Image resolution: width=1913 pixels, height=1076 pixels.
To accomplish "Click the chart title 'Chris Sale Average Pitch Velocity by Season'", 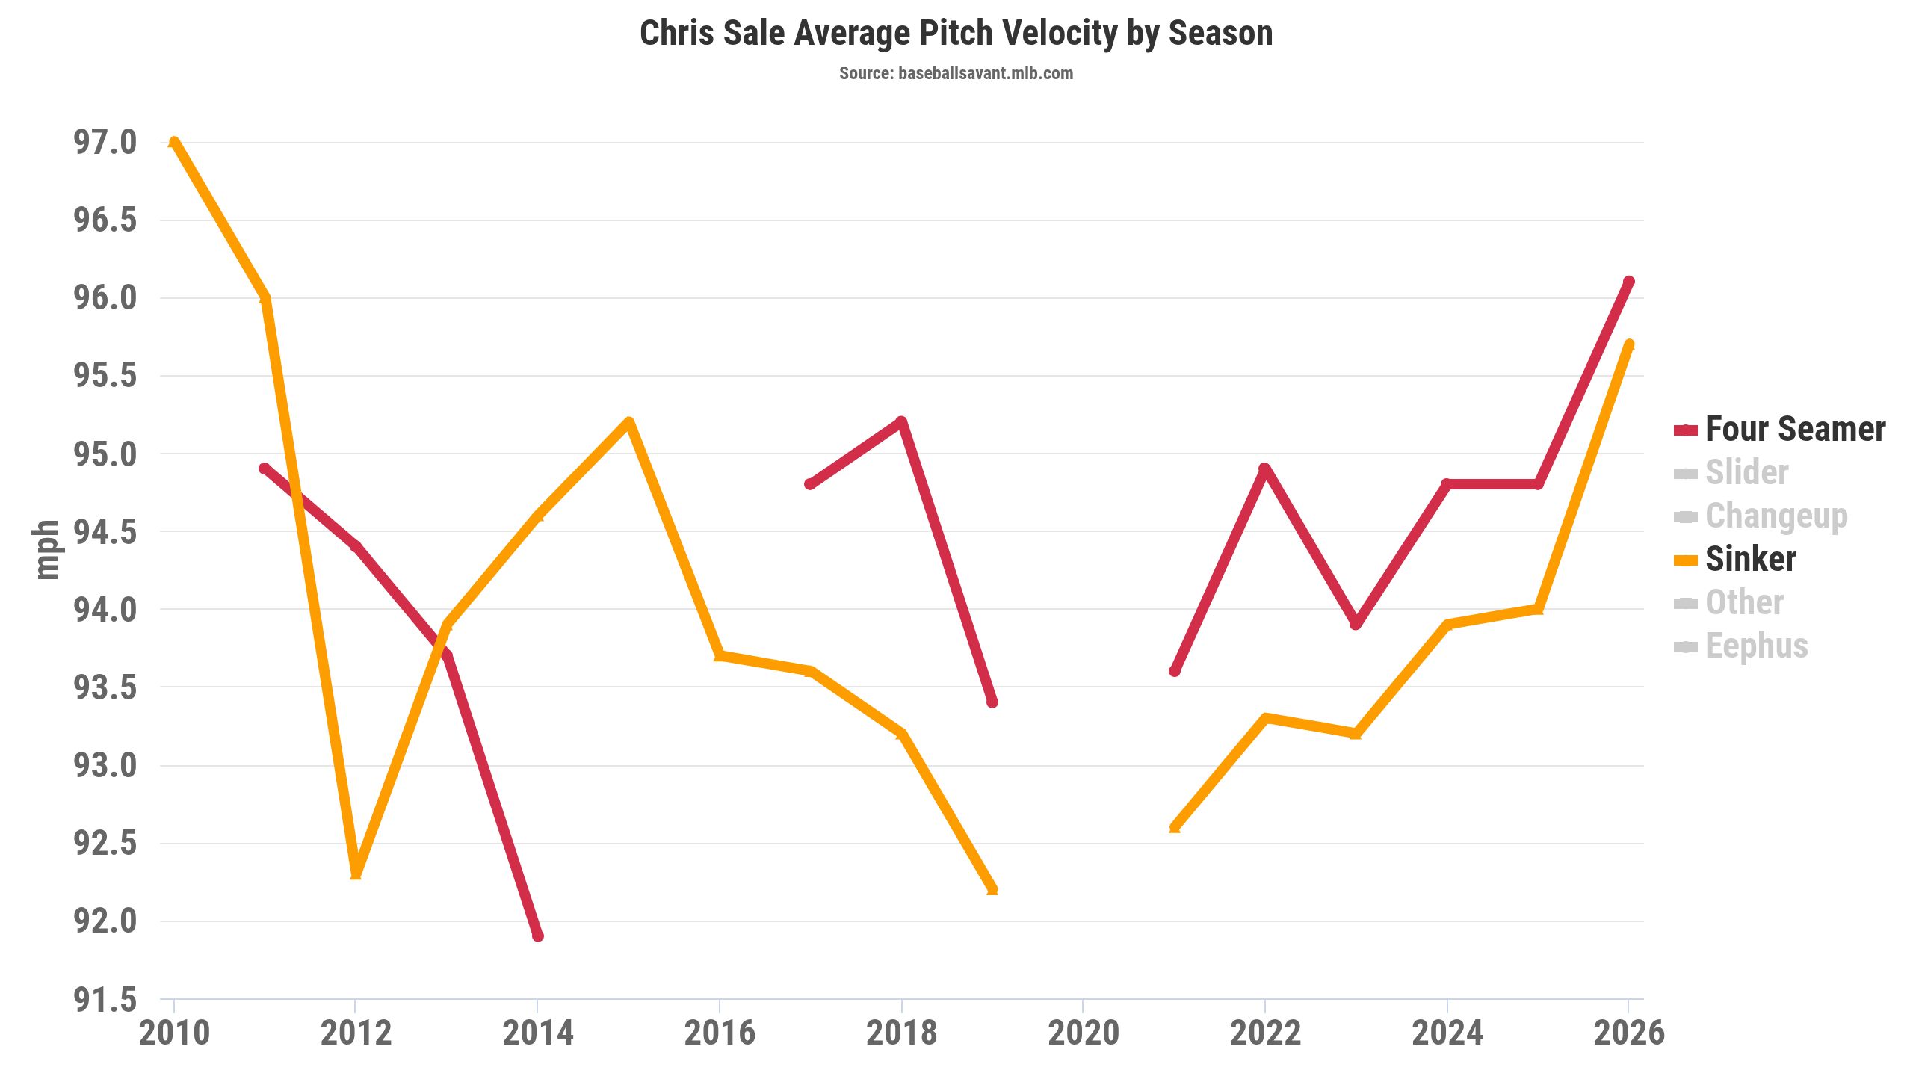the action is pyautogui.click(x=956, y=34).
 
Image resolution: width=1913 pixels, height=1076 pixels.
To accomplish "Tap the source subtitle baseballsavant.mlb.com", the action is pyautogui.click(x=956, y=73).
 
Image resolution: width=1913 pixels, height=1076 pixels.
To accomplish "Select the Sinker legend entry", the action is pyautogui.click(x=1735, y=559).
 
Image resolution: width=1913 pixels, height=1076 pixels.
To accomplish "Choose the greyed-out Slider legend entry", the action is pyautogui.click(x=1731, y=472).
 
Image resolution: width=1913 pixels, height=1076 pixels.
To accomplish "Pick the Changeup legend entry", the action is pyautogui.click(x=1761, y=516).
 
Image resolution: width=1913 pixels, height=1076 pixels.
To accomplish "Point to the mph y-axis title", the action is pyautogui.click(x=46, y=550).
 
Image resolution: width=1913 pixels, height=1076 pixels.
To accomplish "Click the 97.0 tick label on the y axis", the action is pyautogui.click(x=105, y=142).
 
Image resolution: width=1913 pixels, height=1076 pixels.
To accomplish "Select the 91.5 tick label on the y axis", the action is pyautogui.click(x=105, y=999).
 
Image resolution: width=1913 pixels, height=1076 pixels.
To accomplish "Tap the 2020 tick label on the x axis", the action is pyautogui.click(x=1083, y=1033).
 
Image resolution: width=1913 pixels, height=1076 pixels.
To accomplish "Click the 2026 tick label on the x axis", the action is pyautogui.click(x=1629, y=1033).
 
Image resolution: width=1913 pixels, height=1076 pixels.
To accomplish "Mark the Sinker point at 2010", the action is pyautogui.click(x=174, y=142).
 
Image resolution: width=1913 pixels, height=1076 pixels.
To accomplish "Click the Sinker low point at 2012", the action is pyautogui.click(x=356, y=874).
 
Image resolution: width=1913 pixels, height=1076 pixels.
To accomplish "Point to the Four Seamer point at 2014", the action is pyautogui.click(x=537, y=936).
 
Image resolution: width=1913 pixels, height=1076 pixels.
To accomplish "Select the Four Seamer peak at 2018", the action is pyautogui.click(x=901, y=422).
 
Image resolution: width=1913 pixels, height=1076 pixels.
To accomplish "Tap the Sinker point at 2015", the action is pyautogui.click(x=628, y=422).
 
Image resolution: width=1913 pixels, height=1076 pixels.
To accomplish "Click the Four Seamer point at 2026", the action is pyautogui.click(x=1629, y=282).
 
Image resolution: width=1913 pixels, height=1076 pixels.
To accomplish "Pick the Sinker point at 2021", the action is pyautogui.click(x=1174, y=827).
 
